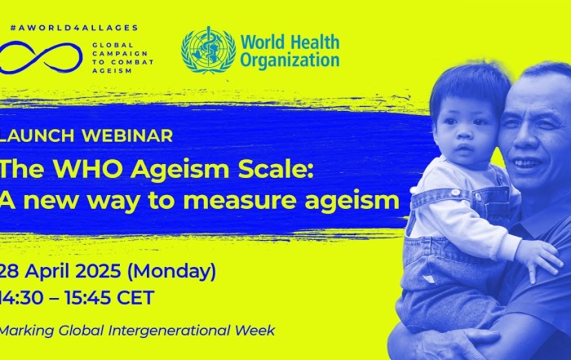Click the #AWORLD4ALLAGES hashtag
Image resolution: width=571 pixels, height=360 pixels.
pyautogui.click(x=74, y=28)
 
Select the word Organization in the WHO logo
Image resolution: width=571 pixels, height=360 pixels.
pyautogui.click(x=290, y=60)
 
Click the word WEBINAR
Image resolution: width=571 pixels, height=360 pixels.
pyautogui.click(x=127, y=136)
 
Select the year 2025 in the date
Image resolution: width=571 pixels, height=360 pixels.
pyautogui.click(x=99, y=271)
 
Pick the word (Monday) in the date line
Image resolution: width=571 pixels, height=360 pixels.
pyautogui.click(x=171, y=272)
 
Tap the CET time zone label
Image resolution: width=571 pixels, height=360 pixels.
pyautogui.click(x=135, y=298)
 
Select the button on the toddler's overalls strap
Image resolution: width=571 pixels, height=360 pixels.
pyautogui.click(x=455, y=193)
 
